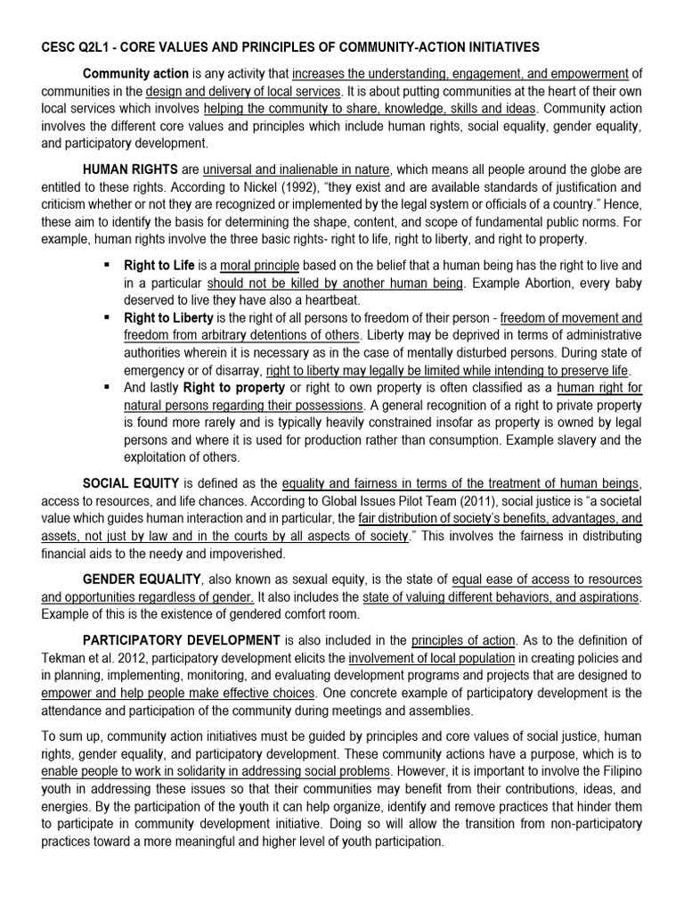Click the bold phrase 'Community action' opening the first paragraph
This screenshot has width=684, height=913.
pyautogui.click(x=135, y=73)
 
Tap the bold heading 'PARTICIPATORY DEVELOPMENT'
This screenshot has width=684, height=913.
pyautogui.click(x=182, y=640)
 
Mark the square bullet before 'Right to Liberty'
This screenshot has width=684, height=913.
pyautogui.click(x=107, y=318)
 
